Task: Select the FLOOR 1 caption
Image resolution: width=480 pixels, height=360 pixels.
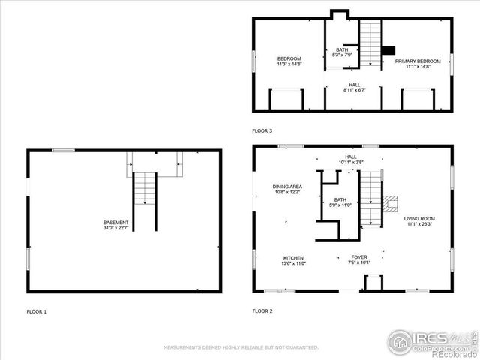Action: [36, 310]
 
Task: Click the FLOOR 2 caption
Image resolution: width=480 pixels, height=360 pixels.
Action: [262, 310]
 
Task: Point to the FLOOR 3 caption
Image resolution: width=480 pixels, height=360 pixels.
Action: [262, 130]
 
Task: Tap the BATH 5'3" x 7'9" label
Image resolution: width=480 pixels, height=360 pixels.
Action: [342, 52]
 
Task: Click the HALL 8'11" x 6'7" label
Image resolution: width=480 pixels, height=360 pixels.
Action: [354, 88]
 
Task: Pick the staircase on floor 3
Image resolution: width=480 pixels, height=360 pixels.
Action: [370, 42]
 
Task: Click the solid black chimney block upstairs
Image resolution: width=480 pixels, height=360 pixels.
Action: [388, 51]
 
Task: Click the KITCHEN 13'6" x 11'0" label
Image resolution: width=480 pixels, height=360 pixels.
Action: [293, 261]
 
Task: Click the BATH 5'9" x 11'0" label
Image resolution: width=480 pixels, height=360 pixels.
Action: [340, 202]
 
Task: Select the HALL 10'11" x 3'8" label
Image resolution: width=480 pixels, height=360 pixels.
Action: [350, 160]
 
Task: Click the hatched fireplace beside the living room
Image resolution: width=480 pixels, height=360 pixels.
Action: [390, 204]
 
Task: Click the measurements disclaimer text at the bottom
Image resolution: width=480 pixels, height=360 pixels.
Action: [241, 347]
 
